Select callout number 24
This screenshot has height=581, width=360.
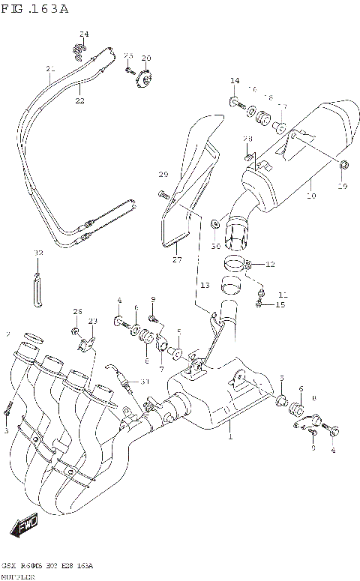point(84,34)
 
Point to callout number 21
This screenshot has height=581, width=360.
point(50,70)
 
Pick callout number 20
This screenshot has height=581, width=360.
point(145,58)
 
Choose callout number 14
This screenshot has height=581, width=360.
point(235,80)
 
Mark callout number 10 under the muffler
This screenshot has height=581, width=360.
point(311,196)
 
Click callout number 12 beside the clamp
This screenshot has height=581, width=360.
point(271,264)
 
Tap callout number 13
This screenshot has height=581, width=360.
point(205,286)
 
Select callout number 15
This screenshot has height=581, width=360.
point(280,304)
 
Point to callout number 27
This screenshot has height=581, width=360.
point(178,260)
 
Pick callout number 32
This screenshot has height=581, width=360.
point(38,253)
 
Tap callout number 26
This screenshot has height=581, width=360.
point(76,311)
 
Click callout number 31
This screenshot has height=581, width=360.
point(145,382)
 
